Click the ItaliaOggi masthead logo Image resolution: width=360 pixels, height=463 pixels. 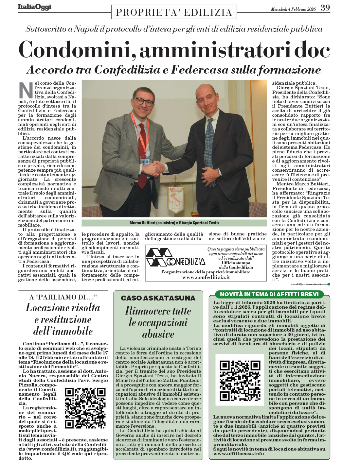(x=35, y=7)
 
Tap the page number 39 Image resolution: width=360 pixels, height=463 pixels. (x=325, y=8)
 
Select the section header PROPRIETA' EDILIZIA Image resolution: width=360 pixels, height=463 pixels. (x=174, y=12)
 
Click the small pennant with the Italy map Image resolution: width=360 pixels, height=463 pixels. (x=176, y=198)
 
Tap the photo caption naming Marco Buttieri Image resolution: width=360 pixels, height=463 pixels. (x=174, y=223)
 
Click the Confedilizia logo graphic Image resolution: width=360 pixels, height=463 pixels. (x=175, y=257)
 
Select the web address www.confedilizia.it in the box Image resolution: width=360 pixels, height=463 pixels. (x=206, y=277)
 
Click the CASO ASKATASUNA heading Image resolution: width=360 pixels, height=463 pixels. (x=158, y=298)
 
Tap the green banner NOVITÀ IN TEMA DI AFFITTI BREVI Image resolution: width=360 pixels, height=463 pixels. (x=269, y=294)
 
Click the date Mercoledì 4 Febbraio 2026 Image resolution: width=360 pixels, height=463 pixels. (x=293, y=9)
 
